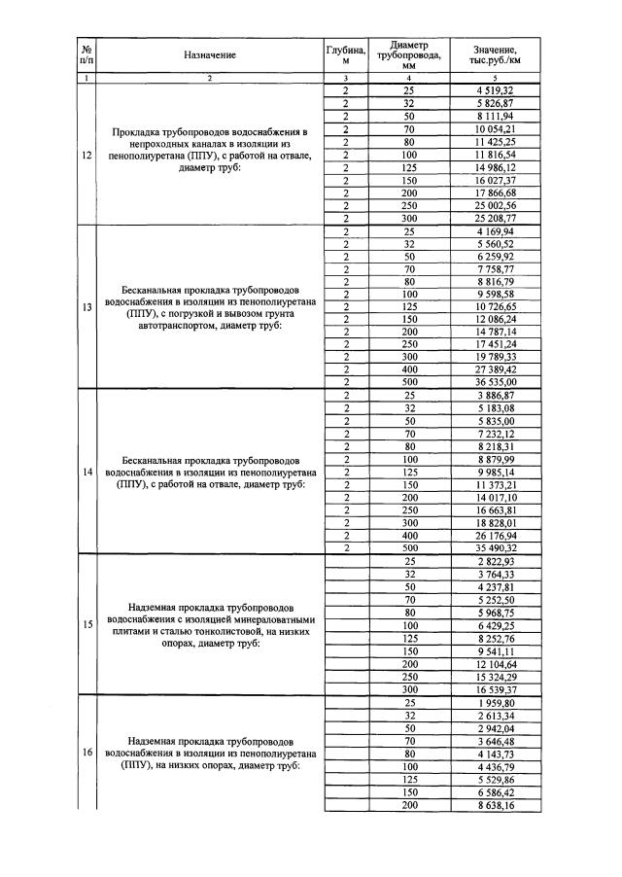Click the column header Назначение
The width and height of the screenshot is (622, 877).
click(x=209, y=55)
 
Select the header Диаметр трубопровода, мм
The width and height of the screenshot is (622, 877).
click(x=408, y=55)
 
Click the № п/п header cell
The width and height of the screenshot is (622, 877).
click(x=87, y=55)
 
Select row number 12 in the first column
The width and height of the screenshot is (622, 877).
click(x=87, y=155)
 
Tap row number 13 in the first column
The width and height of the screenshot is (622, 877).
click(x=87, y=308)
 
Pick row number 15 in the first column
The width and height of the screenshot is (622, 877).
click(x=87, y=625)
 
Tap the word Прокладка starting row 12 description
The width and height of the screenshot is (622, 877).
click(x=145, y=130)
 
